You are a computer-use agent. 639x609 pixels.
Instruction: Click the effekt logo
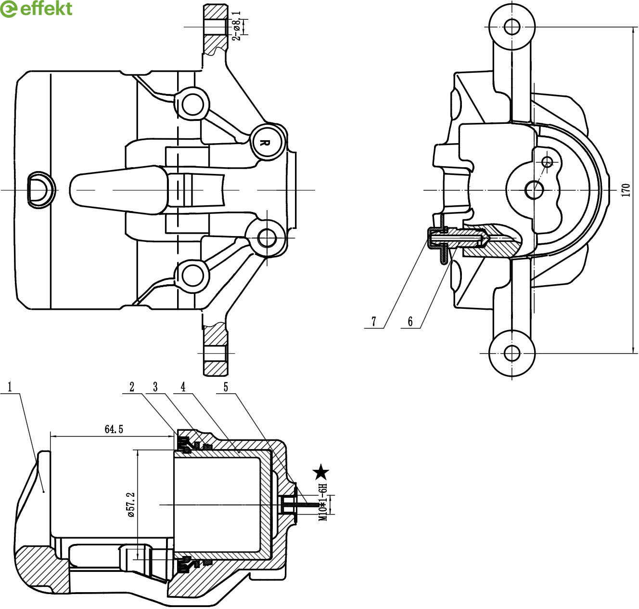[36, 9]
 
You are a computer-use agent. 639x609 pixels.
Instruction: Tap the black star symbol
[321, 473]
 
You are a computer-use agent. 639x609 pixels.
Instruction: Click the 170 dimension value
[626, 190]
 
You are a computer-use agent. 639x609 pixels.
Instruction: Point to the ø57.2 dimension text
[130, 505]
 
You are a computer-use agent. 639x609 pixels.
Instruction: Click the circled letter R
[263, 142]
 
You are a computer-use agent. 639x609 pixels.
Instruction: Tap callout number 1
[10, 386]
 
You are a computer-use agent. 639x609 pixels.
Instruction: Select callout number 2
[131, 386]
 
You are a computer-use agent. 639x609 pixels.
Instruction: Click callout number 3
[155, 386]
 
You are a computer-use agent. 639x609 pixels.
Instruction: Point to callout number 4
[183, 386]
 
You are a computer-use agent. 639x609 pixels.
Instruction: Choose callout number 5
[226, 386]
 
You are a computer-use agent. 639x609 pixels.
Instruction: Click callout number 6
[410, 321]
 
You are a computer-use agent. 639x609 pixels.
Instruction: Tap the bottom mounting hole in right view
[512, 353]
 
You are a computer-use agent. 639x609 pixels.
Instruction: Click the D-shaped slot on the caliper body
[40, 189]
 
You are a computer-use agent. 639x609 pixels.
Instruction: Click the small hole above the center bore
[548, 161]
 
